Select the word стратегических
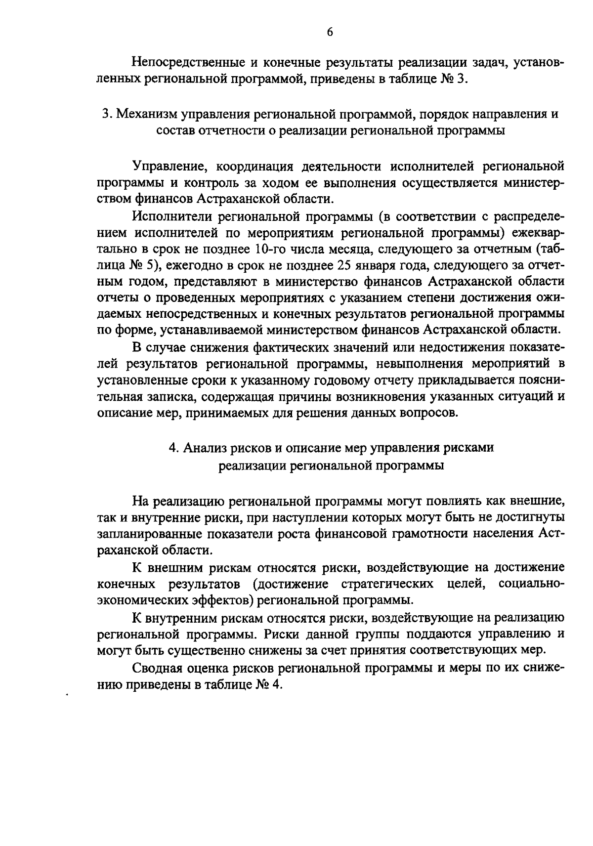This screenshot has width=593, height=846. tap(388, 584)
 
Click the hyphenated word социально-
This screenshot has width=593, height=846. tap(531, 584)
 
